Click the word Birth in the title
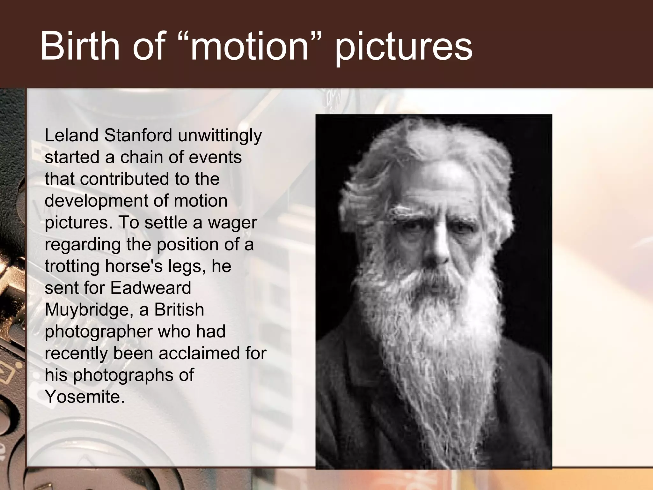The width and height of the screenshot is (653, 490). (80, 46)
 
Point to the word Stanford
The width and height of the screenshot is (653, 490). (138, 135)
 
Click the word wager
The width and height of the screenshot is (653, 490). (232, 223)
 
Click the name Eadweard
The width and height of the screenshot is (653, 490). (150, 288)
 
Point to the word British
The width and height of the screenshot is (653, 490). (179, 309)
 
